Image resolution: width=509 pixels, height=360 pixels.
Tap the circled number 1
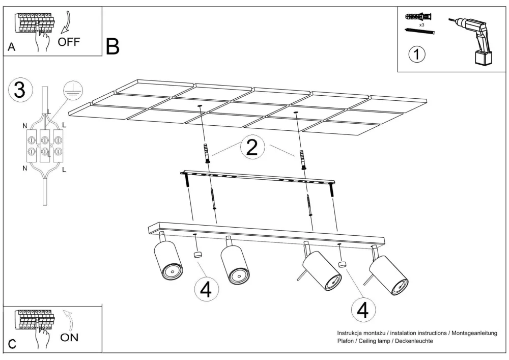[x=417, y=54]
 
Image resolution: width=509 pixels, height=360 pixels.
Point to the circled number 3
[x=19, y=90]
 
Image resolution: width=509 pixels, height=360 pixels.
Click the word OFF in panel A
[x=69, y=42]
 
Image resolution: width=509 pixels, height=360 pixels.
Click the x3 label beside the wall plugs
[x=422, y=24]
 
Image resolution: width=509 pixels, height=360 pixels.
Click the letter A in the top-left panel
[x=12, y=48]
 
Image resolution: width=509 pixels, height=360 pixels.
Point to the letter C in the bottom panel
[x=12, y=345]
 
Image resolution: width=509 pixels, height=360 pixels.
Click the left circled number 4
[x=206, y=290]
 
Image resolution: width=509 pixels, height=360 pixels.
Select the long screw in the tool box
[x=420, y=32]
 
